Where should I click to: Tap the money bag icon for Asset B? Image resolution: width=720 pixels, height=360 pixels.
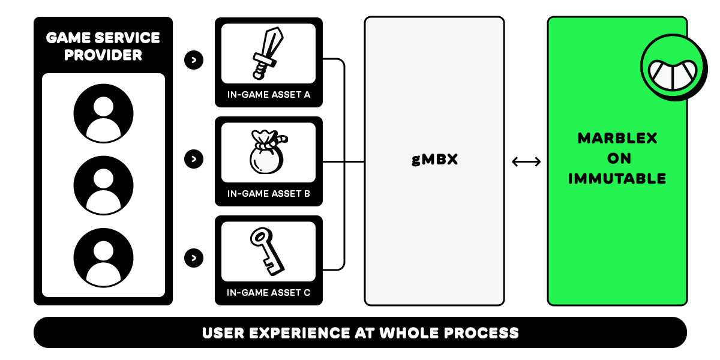coord(266,154)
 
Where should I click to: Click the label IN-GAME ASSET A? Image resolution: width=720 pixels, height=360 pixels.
coord(268,95)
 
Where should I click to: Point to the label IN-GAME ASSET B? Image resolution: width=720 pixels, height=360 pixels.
coord(268,194)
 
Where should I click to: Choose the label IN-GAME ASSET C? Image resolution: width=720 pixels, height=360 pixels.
coord(268,293)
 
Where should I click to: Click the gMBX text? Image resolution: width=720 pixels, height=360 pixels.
coord(434,161)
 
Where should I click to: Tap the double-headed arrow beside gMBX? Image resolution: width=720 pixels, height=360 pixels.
coord(526,161)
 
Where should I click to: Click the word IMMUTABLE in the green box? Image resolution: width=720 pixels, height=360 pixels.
coord(617,179)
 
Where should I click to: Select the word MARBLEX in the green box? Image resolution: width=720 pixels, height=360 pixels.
coord(617,139)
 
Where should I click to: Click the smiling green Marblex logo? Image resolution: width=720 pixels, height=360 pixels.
coord(672,65)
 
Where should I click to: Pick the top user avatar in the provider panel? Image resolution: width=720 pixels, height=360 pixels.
coord(103,113)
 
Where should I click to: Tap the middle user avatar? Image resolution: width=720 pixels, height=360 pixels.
coord(103,185)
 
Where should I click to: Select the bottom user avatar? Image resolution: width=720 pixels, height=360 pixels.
coord(103,257)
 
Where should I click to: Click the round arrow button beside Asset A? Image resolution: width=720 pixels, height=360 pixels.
coord(194,60)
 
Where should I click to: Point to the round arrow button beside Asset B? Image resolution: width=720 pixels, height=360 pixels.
coord(194,159)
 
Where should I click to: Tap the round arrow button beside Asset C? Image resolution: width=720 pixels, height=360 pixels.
coord(194,258)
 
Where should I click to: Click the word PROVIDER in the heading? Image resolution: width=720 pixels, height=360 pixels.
coord(103,55)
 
